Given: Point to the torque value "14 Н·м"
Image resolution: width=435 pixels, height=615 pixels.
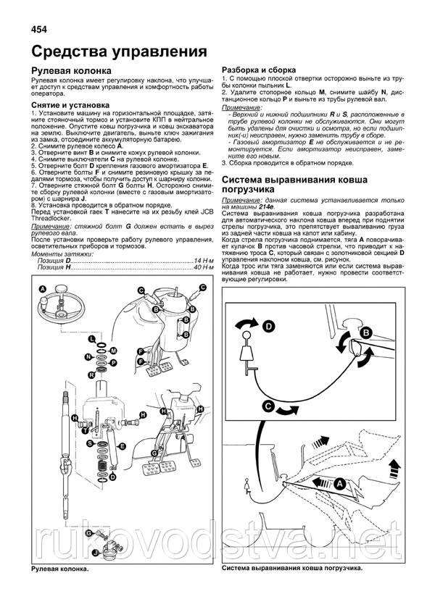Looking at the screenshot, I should click(x=200, y=280).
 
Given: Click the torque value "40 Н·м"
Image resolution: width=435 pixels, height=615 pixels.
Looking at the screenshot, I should click(x=200, y=287).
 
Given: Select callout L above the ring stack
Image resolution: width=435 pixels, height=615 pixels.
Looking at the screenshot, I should click(x=91, y=339).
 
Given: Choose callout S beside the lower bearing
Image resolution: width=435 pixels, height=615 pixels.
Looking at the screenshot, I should click(x=86, y=432).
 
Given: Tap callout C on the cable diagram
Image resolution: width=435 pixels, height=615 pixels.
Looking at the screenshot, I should click(x=268, y=408).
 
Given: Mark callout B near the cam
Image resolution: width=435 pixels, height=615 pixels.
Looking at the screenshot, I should click(x=367, y=332).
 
